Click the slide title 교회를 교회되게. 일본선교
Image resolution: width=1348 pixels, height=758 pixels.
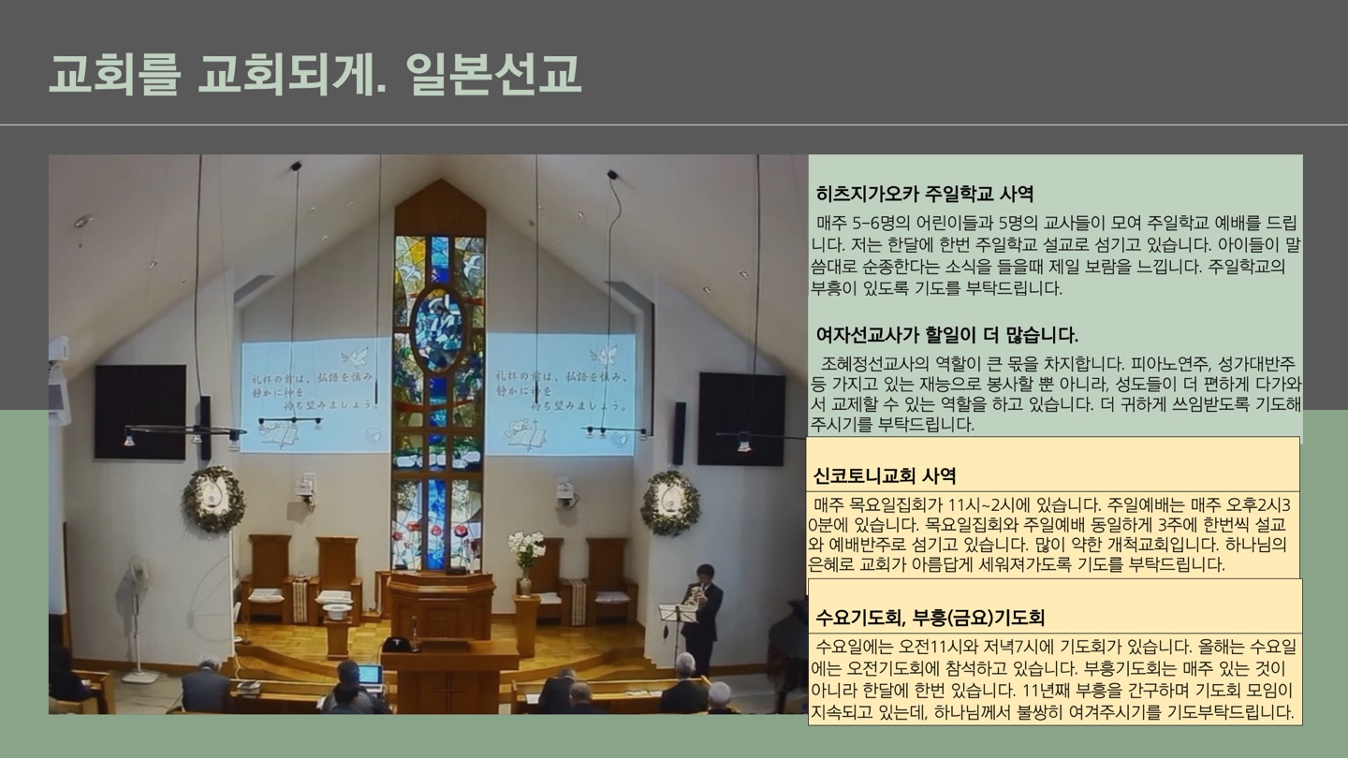pos(315,73)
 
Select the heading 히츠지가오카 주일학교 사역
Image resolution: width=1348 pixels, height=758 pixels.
pos(925,195)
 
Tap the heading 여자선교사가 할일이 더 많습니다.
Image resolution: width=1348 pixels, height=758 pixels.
pos(946,335)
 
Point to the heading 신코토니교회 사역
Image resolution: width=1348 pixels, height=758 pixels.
pos(884,475)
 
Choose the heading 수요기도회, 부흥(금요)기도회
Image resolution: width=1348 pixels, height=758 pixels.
pos(930,618)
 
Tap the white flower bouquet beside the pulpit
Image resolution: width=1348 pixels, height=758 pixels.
pos(525,549)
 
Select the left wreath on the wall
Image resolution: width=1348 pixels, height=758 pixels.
pos(213,499)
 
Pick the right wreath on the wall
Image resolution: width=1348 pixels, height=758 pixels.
pos(670,502)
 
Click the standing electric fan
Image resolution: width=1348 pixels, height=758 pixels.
pos(134,608)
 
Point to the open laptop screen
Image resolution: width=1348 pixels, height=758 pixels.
pos(371,675)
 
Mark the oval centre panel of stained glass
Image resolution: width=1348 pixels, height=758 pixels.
pos(438,329)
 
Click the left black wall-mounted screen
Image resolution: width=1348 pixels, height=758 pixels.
pos(139,412)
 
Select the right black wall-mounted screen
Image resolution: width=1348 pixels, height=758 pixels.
pos(740,417)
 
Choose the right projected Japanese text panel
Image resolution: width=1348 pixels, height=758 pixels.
pos(560,394)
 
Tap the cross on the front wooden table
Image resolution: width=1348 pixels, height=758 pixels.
pos(448,692)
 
